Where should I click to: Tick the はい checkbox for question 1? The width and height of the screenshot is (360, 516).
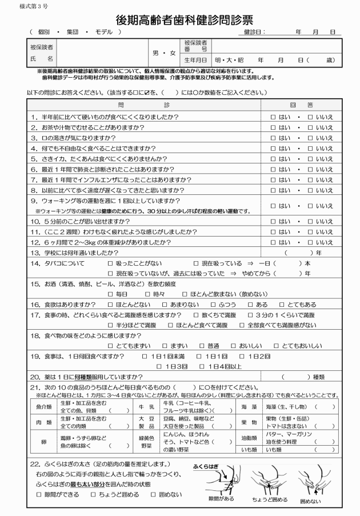[274, 117]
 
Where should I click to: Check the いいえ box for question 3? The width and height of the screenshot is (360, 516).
[310, 138]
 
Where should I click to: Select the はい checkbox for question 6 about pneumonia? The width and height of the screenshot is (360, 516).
[274, 170]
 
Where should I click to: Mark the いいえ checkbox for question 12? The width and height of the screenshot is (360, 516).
[310, 242]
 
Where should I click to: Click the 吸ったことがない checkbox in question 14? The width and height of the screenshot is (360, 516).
[111, 263]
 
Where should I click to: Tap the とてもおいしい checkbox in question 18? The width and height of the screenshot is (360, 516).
[277, 346]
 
